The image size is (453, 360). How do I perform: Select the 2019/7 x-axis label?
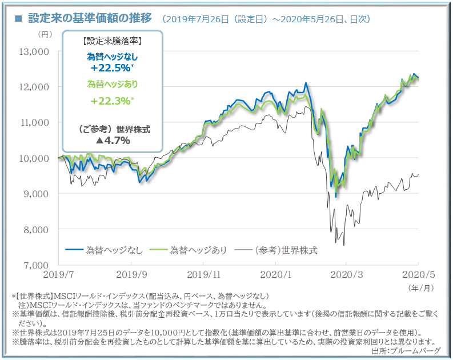pos(59,274)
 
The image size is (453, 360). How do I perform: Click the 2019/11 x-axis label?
pos(203,274)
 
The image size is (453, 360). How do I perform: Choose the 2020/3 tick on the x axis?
pos(347,274)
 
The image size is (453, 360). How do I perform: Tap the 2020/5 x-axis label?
pos(419,274)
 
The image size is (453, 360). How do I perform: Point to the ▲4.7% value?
pos(113,140)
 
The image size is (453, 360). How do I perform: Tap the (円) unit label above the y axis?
pos(45,35)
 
